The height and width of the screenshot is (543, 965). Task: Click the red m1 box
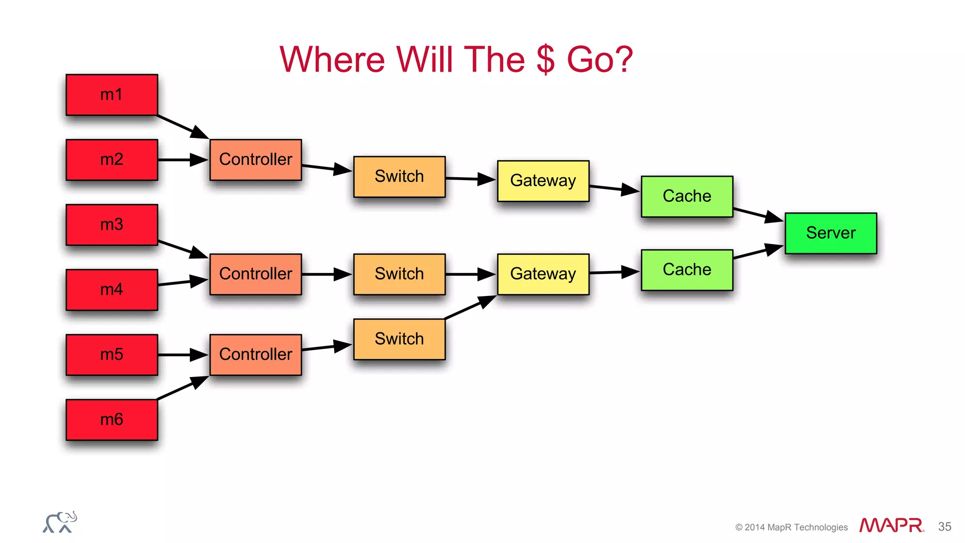pyautogui.click(x=112, y=95)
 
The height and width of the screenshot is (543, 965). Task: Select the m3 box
pyautogui.click(x=112, y=225)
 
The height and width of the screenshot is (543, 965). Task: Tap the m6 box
pyautogui.click(x=112, y=420)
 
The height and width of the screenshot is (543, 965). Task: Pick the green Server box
pyautogui.click(x=831, y=233)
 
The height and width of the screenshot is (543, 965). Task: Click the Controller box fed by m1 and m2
pyautogui.click(x=255, y=160)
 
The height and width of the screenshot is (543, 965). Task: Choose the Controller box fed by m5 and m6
pyautogui.click(x=255, y=354)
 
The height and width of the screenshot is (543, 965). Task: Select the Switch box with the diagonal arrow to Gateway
pyautogui.click(x=399, y=339)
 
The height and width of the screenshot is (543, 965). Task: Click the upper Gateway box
pyautogui.click(x=543, y=181)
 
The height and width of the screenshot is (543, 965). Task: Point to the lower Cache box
pyautogui.click(x=687, y=270)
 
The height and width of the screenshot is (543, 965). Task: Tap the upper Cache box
pyautogui.click(x=687, y=197)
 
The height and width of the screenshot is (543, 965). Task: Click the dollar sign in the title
pyautogui.click(x=545, y=60)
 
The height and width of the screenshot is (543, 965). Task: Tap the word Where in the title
pyautogui.click(x=332, y=60)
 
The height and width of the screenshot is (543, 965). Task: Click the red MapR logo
pyautogui.click(x=891, y=526)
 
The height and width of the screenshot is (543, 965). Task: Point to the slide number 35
pyautogui.click(x=944, y=527)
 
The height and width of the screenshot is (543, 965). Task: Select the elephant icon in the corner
pyautogui.click(x=60, y=522)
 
